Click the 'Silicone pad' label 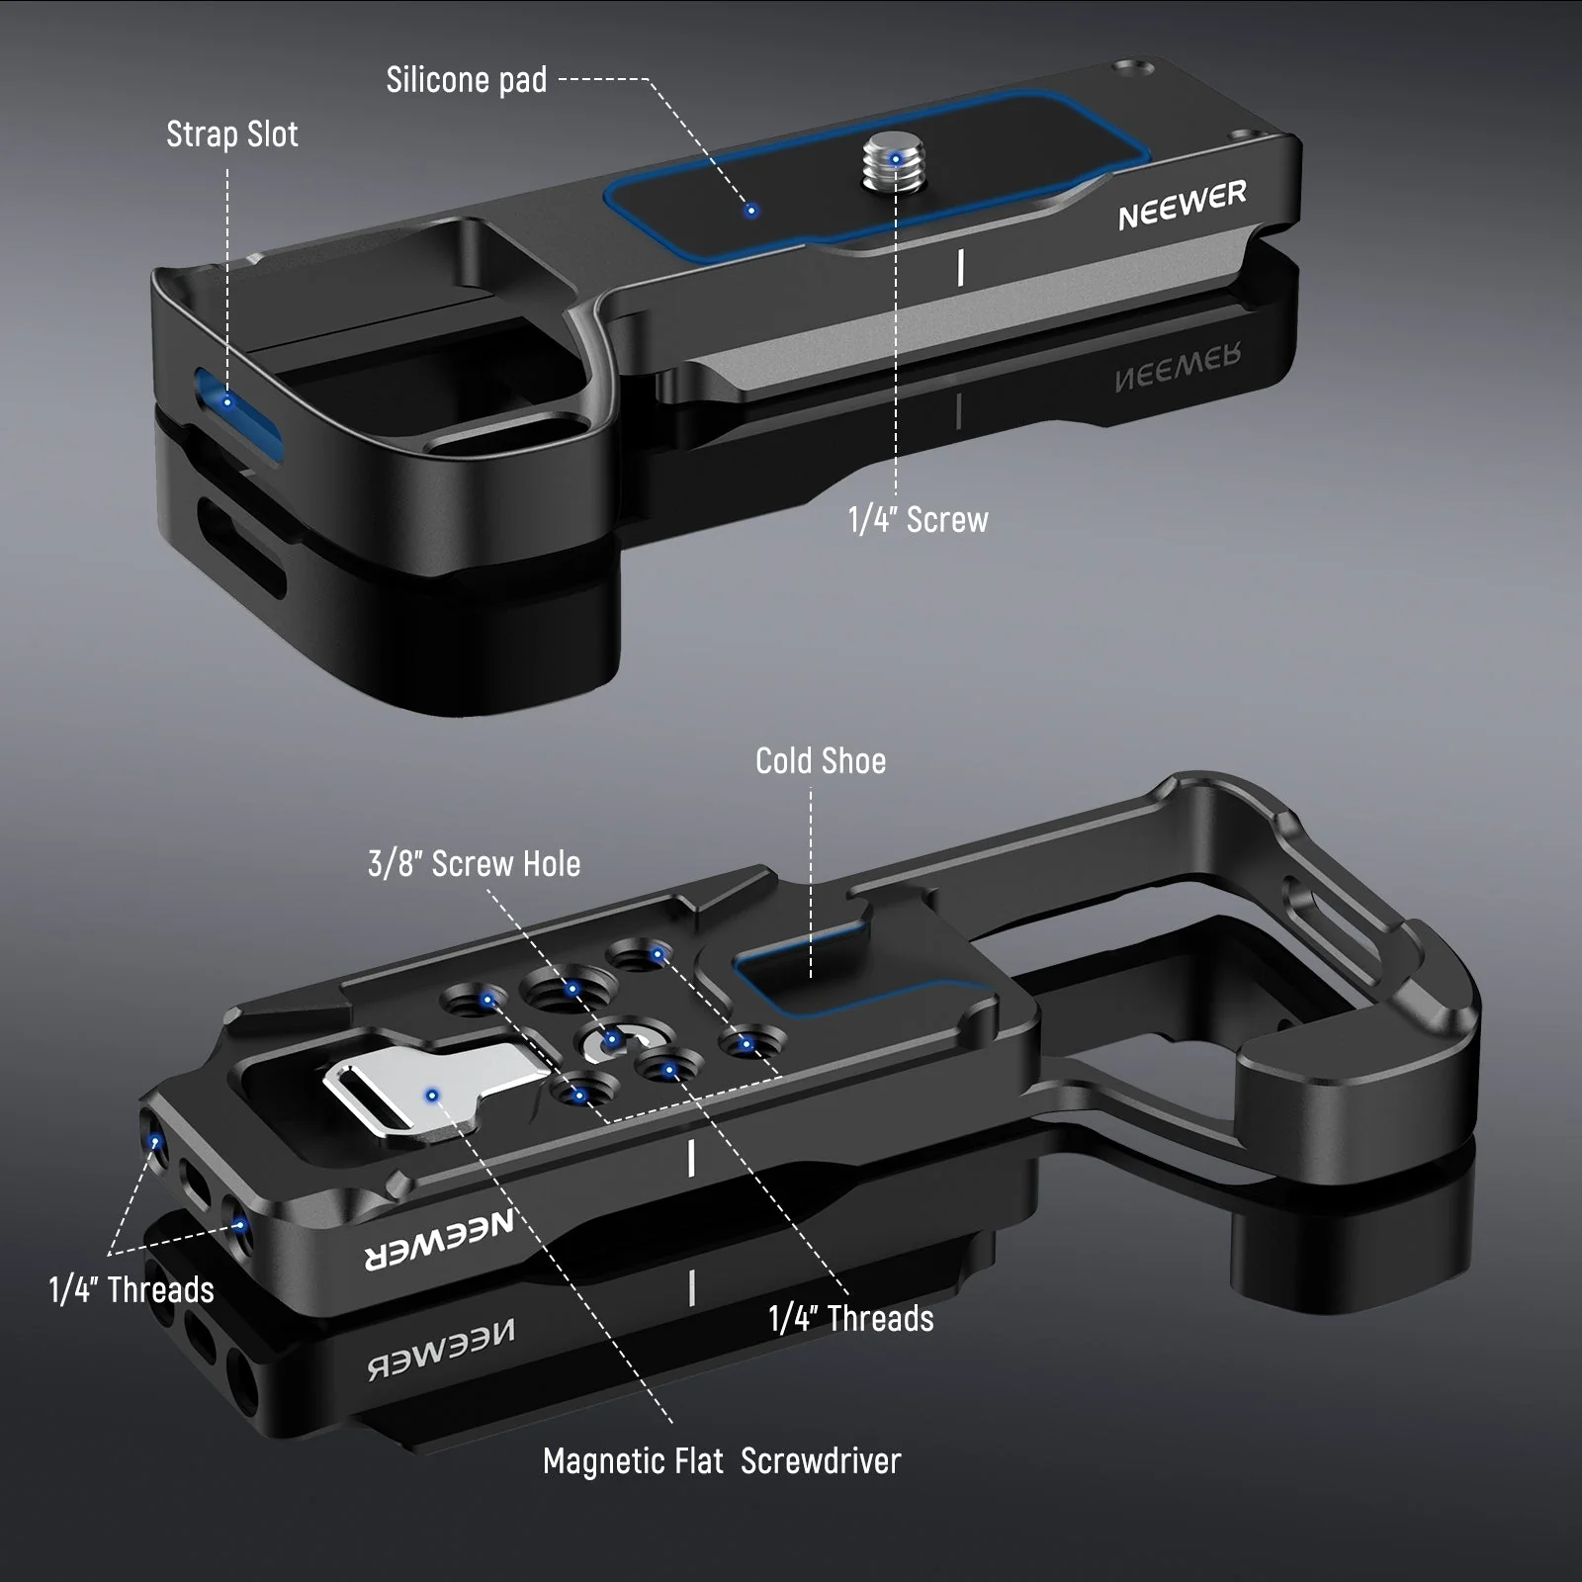pyautogui.click(x=467, y=80)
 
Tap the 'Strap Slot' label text pyautogui.click(x=232, y=134)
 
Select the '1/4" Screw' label pyautogui.click(x=919, y=520)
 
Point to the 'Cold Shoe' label pyautogui.click(x=821, y=760)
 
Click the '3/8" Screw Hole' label pyautogui.click(x=475, y=864)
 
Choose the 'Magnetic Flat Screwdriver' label pyautogui.click(x=722, y=1461)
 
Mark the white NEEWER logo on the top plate pyautogui.click(x=1183, y=205)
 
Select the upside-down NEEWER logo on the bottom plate pyautogui.click(x=440, y=1241)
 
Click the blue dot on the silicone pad pyautogui.click(x=751, y=211)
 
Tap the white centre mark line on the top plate pyautogui.click(x=961, y=268)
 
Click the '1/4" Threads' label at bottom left pyautogui.click(x=132, y=1290)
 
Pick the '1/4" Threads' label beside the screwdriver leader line pyautogui.click(x=851, y=1319)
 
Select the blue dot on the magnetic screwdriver pyautogui.click(x=432, y=1095)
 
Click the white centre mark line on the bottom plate pyautogui.click(x=691, y=1158)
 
